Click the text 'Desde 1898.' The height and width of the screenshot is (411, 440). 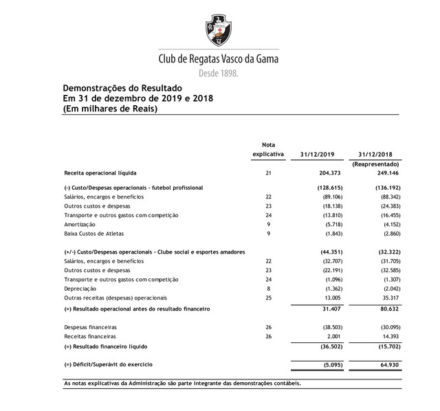[219, 72]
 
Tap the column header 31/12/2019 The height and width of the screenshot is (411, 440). [318, 154]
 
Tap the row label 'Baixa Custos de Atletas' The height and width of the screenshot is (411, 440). [94, 234]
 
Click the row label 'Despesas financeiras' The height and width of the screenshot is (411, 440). [90, 328]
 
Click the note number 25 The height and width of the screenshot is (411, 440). [269, 298]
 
